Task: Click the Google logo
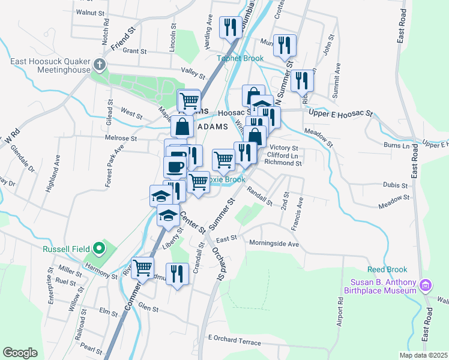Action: pyautogui.click(x=20, y=352)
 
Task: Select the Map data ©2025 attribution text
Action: pyautogui.click(x=423, y=355)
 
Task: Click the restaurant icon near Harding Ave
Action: pyautogui.click(x=229, y=26)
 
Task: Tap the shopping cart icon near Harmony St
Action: pyautogui.click(x=143, y=268)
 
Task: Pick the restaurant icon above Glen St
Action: pyautogui.click(x=177, y=274)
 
